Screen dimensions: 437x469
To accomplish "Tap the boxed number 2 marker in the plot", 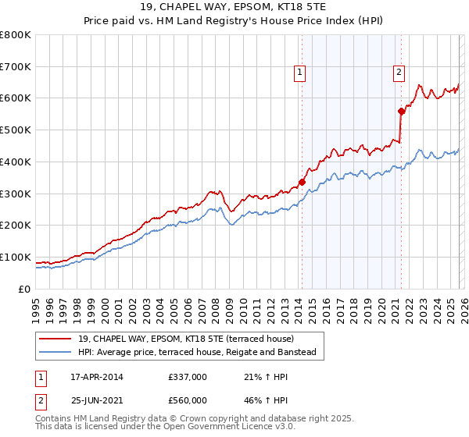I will pos(399,73).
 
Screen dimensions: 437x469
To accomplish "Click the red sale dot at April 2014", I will pos(302,182).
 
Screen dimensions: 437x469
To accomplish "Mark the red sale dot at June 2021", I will pos(401,111).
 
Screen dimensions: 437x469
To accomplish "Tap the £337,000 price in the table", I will pos(188,377).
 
